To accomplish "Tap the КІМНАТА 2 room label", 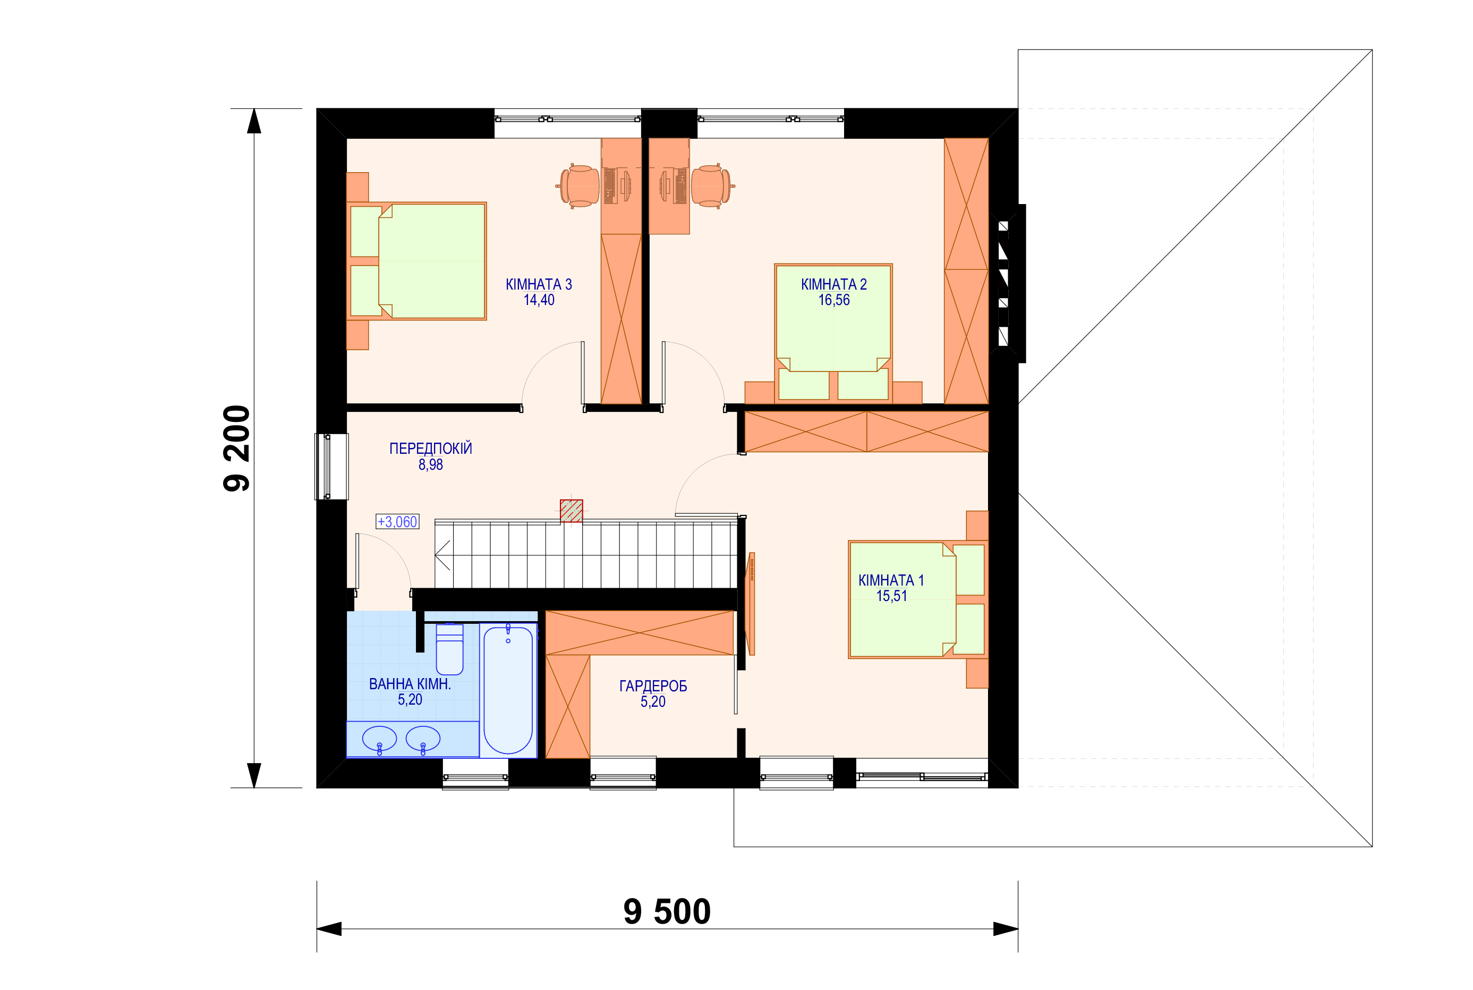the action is (833, 285).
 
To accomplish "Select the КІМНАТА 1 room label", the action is (891, 580).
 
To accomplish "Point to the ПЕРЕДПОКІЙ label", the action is (430, 449).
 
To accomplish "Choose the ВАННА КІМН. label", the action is (410, 684).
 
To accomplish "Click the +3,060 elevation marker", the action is (397, 521).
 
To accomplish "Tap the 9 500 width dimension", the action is (667, 912).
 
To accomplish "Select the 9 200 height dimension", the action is (237, 449).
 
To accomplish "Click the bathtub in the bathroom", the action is (508, 689).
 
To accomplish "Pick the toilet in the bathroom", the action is (449, 649).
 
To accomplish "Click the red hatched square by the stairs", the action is (571, 511).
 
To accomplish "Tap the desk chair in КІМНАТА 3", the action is (578, 187).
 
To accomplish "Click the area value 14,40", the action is (539, 301).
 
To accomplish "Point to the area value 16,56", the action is (833, 301).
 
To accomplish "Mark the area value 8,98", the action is (430, 464).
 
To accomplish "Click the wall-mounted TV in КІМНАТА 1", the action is (751, 604).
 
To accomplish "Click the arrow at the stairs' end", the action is (442, 555).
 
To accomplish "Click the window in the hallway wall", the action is (331, 467).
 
